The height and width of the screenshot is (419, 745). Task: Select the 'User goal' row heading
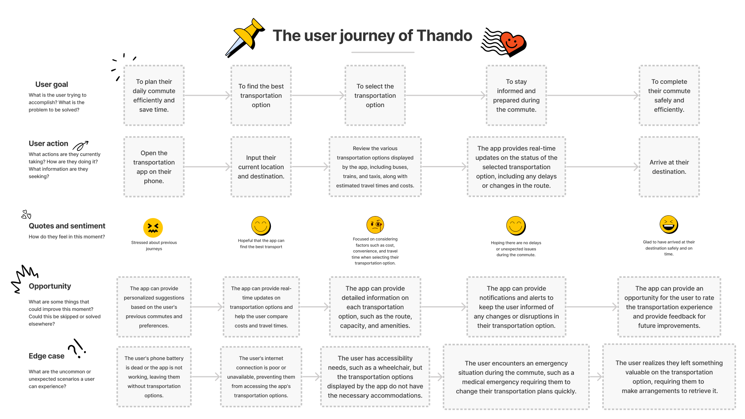52,84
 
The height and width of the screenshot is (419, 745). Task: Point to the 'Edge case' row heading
47,356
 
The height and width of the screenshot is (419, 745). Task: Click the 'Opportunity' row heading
50,286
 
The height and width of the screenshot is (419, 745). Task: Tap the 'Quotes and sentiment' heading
67,226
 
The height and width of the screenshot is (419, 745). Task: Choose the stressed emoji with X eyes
153,228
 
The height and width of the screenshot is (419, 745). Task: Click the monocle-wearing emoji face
375,225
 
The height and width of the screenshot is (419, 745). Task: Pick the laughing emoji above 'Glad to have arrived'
669,225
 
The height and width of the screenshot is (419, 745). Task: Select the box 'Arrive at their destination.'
669,167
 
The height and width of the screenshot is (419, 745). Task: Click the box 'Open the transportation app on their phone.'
154,167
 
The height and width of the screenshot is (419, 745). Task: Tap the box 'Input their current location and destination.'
261,167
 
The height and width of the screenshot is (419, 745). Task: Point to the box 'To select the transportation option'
375,95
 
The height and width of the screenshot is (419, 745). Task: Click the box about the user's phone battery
154,377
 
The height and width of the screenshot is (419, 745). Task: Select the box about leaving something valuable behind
669,377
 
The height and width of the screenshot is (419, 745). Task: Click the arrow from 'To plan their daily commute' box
208,95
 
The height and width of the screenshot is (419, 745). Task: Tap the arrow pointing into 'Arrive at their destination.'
603,167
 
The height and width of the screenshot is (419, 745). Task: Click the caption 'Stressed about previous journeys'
154,246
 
